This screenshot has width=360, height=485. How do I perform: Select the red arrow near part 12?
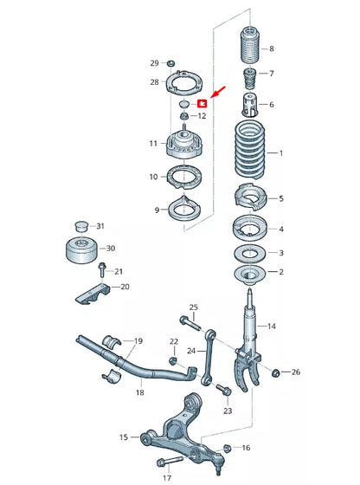point(216,92)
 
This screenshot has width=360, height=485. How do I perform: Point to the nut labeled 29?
point(170,64)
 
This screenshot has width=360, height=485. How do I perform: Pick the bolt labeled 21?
point(103,270)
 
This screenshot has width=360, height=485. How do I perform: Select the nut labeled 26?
point(276,372)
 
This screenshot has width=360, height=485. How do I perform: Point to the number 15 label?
point(124,437)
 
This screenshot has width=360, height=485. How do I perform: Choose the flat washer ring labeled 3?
point(249,254)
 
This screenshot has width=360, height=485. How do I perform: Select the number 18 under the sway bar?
point(139,393)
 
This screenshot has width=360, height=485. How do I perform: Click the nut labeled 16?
point(228,448)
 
